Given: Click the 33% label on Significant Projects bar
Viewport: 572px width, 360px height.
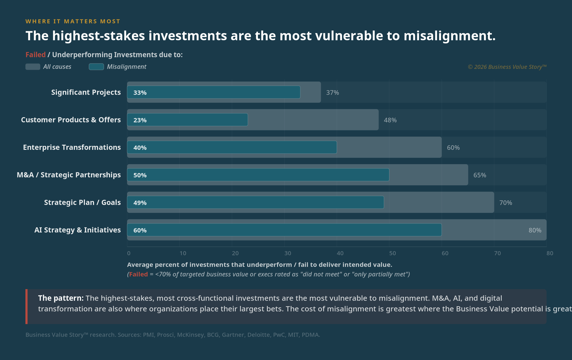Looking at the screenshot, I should point(140,93).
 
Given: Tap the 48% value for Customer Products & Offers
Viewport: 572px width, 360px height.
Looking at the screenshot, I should point(390,120).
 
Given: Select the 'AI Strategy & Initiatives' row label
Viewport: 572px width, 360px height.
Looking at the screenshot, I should point(78,230).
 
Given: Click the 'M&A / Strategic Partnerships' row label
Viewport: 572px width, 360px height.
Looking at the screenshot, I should point(69,175).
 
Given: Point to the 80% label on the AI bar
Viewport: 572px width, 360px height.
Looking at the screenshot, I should point(535,230).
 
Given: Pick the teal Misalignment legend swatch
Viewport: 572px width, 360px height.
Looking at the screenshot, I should point(96,67).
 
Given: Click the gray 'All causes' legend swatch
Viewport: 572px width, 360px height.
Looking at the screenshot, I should point(33,67).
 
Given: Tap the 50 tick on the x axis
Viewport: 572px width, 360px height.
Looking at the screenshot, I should point(392,253).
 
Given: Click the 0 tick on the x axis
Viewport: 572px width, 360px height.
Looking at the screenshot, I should point(129,253).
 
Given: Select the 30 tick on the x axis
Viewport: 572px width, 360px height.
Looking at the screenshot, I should point(287,253).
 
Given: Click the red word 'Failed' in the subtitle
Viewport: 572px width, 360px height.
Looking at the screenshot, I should point(35,55).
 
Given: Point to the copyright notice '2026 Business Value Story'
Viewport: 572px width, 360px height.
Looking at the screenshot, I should point(507,67).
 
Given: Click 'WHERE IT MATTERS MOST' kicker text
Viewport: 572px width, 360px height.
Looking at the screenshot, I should point(73,21).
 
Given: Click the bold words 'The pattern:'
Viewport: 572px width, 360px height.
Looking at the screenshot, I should point(61,298).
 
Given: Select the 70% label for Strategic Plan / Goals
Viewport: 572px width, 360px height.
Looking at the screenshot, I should point(505,203).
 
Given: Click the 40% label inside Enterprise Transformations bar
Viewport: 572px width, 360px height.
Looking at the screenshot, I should point(140,148).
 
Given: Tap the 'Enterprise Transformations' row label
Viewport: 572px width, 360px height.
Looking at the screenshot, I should point(72,147).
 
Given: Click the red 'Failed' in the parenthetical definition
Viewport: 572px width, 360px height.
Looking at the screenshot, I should point(138,274).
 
